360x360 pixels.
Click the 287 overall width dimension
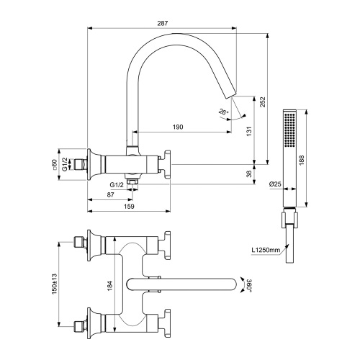[162, 24]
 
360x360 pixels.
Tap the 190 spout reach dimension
[178, 127]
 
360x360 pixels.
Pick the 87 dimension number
[109, 195]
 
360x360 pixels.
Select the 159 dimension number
[130, 207]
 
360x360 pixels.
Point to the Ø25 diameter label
[274, 185]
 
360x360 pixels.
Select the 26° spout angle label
[224, 112]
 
